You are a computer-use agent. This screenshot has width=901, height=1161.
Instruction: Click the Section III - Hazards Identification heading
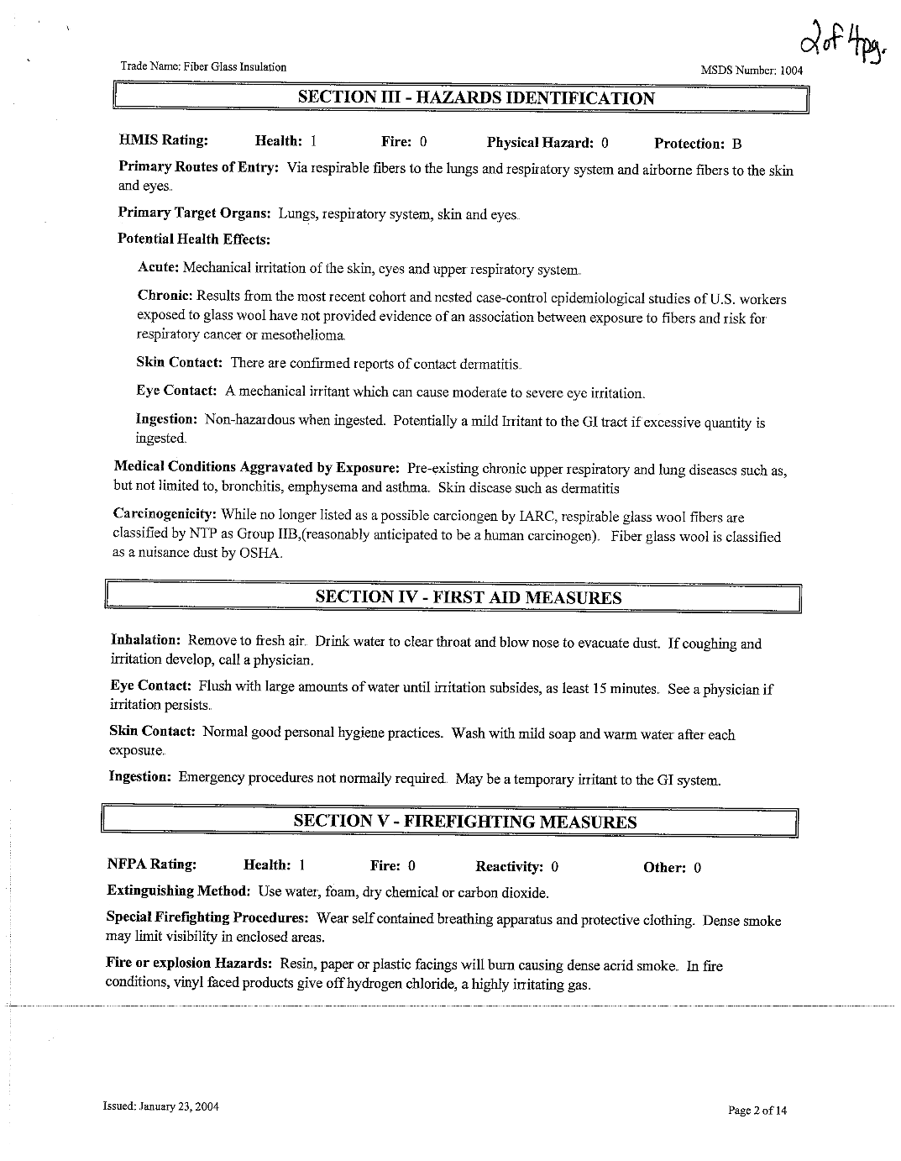(x=476, y=98)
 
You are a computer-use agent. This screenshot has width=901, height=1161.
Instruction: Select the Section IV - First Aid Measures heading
(x=468, y=597)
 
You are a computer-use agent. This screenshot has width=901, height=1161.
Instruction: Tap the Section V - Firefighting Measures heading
(x=464, y=822)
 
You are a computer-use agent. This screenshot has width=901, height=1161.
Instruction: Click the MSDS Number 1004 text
(x=752, y=71)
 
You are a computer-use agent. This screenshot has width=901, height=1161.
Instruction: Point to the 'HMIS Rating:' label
(x=163, y=140)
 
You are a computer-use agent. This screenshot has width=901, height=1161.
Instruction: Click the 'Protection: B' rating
(x=697, y=144)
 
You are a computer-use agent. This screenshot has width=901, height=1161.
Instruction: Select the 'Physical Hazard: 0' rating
(x=547, y=143)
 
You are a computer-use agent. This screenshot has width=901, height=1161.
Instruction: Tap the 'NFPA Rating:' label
(x=152, y=864)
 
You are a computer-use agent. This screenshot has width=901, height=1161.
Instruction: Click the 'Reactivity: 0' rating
(x=516, y=867)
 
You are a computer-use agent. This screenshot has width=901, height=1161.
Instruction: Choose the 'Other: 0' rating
(x=672, y=868)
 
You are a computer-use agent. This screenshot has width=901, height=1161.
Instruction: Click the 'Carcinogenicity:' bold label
(x=165, y=514)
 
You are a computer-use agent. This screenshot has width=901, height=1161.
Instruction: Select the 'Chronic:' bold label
(x=165, y=297)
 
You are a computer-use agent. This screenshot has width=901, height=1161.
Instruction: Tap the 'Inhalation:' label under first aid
(x=145, y=640)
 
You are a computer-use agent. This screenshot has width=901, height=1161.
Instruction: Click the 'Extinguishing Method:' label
(x=178, y=891)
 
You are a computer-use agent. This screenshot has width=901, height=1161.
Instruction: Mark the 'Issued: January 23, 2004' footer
(x=161, y=1106)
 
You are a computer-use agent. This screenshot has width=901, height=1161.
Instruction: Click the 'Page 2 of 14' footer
(x=757, y=1111)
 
